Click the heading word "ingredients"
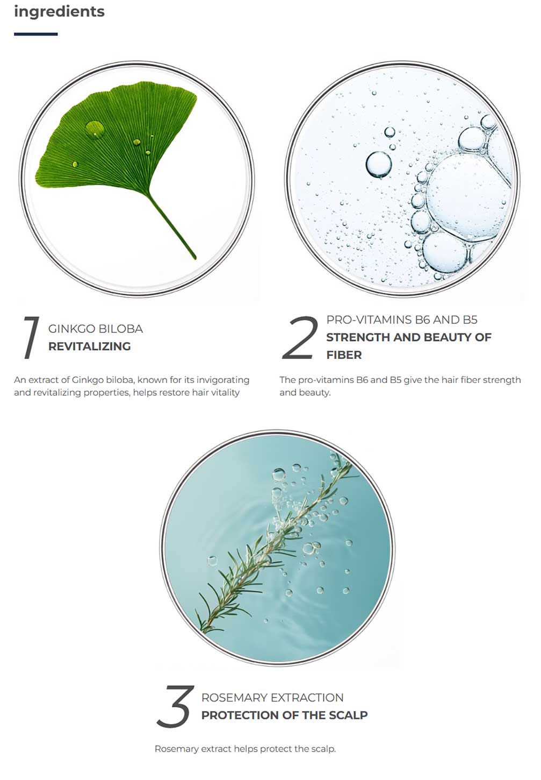tap(59, 12)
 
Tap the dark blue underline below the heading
tap(36, 34)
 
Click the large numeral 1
tap(31, 337)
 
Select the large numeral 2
tap(300, 337)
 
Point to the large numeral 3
tap(175, 706)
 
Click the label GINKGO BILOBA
tap(96, 329)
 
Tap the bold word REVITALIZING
tap(90, 346)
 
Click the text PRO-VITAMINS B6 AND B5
tap(402, 320)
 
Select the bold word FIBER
tap(344, 355)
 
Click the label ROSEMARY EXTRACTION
tap(272, 698)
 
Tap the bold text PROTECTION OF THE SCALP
tap(285, 715)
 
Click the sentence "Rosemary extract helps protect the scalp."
tap(245, 749)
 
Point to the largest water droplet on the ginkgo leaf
tap(94, 129)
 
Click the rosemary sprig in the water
tap(275, 543)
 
